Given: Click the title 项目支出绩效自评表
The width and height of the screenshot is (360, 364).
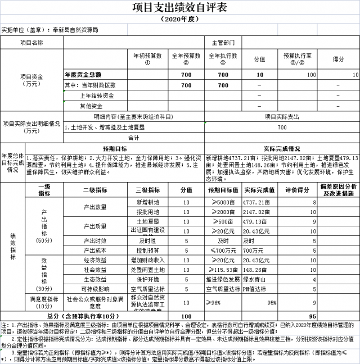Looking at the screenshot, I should click(x=179, y=7).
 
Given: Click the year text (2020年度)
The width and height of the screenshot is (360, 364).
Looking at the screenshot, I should click(x=179, y=19).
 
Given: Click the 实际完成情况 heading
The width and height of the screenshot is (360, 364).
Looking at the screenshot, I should click(x=282, y=148).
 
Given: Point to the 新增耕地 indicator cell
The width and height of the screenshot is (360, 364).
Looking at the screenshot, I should click(x=148, y=202).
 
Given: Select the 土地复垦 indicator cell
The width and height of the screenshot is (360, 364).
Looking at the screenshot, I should click(x=148, y=221).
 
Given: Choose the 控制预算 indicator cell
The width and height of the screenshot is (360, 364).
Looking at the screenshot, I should click(x=148, y=251).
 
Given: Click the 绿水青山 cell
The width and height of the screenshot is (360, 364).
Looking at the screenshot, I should click(x=256, y=279).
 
